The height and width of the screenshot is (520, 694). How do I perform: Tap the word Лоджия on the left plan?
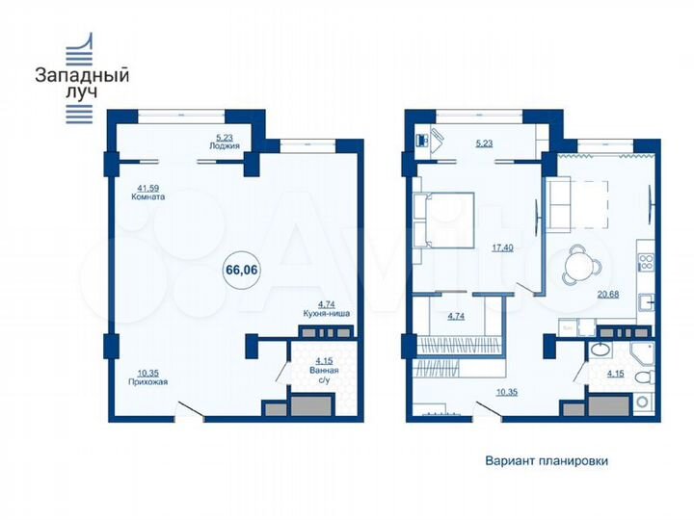[224, 145]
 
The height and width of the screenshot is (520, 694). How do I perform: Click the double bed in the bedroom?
[444, 219]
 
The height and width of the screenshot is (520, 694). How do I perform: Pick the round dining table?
[584, 259]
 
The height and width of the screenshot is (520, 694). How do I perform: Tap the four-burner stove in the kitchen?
[648, 259]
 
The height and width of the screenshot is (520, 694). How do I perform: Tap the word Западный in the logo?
[82, 73]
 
